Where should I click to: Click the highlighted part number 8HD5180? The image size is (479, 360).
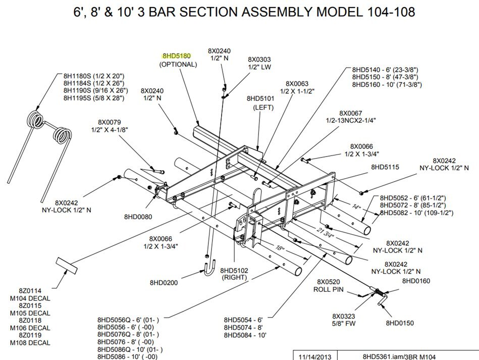point(176,56)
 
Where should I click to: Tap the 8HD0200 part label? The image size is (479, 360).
point(164,283)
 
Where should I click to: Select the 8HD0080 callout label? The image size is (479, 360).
point(138,217)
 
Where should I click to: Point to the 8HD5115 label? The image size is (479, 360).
point(385,167)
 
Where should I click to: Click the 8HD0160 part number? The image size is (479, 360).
point(416,281)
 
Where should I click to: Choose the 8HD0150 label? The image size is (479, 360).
point(400,322)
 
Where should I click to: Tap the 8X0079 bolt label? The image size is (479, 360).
point(110,122)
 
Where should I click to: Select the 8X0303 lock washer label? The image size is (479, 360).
point(259,59)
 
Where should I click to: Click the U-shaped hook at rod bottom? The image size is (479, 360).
point(210,270)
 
